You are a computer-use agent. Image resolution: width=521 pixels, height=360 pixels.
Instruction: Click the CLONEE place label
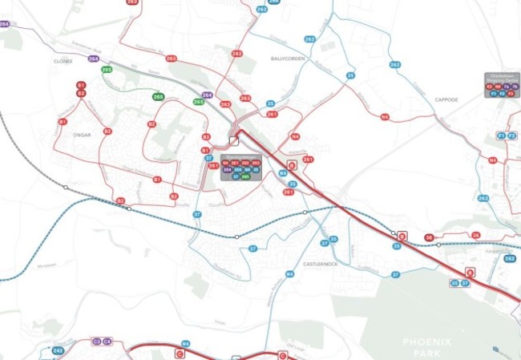coord(63,61)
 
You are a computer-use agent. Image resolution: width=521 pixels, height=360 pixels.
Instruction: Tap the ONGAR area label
coord(82,135)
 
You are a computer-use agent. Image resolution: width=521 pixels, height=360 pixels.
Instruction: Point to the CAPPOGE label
coord(446,99)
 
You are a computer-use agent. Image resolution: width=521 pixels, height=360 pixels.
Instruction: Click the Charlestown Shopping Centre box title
coord(501,77)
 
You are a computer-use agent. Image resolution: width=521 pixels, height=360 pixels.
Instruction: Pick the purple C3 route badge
coord(96,341)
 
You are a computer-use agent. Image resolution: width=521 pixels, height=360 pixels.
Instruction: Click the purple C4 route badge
coord(107,341)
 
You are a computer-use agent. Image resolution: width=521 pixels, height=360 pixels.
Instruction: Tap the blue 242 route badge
coord(58,350)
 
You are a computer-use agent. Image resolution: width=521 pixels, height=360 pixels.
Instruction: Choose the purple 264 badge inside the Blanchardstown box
coord(227,170)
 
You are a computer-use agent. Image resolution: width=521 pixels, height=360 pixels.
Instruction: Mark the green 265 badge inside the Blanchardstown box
coord(245,176)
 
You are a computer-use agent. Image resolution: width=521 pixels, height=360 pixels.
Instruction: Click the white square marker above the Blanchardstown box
coord(233,140)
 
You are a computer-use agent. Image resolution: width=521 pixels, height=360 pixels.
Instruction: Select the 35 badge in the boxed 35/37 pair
coord(454,283)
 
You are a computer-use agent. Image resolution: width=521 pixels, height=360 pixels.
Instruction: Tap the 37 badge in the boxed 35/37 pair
coord(464,283)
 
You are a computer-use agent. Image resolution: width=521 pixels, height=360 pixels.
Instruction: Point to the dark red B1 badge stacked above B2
coord(81,85)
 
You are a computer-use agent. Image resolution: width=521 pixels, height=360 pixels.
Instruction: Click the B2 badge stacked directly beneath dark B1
coord(81,94)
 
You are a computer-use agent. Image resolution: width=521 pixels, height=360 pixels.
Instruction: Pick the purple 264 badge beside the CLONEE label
coord(94,59)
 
